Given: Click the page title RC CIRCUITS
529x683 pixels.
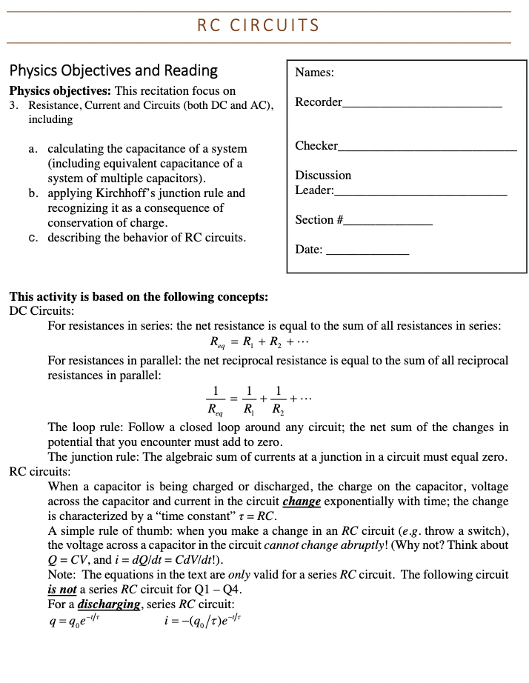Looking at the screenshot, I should (258, 26).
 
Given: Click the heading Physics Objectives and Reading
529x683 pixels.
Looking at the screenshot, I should (113, 70).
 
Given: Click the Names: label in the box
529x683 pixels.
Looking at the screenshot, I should (314, 73).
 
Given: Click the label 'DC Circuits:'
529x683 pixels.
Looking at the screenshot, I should (41, 311).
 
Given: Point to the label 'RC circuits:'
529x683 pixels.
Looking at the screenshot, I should (40, 471).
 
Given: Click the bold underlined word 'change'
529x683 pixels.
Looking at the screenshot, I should (302, 502).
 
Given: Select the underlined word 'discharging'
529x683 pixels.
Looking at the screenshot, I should (110, 604).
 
